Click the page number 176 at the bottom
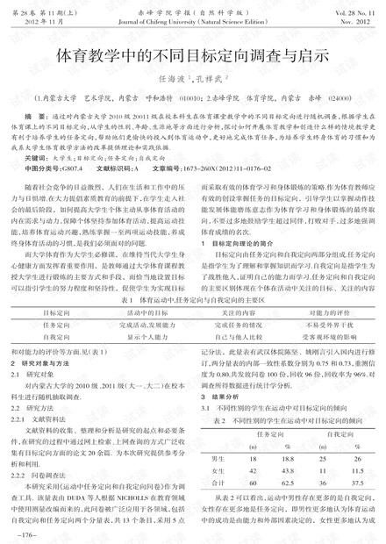25,534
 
